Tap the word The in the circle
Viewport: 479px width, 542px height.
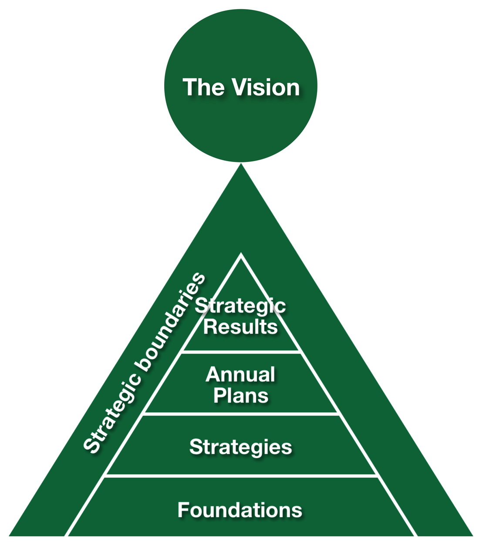pyautogui.click(x=204, y=87)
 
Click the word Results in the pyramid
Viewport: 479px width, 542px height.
pyautogui.click(x=240, y=327)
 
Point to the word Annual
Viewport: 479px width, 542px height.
pyautogui.click(x=240, y=374)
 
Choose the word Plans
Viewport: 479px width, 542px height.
pyautogui.click(x=241, y=396)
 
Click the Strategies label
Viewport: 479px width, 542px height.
pyautogui.click(x=240, y=447)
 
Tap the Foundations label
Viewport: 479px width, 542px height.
pyautogui.click(x=240, y=510)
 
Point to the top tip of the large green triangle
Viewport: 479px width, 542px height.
pyautogui.click(x=241, y=165)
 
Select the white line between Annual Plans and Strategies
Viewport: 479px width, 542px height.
pyautogui.click(x=241, y=414)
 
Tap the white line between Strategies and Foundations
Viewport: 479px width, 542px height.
pyautogui.click(x=241, y=476)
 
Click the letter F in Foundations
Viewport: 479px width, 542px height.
pyautogui.click(x=183, y=510)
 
